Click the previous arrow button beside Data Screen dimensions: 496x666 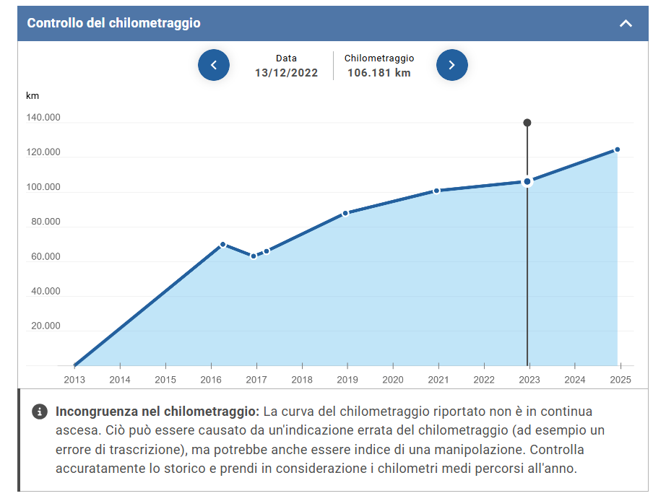click(214, 65)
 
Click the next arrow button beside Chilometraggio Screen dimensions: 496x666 click(452, 65)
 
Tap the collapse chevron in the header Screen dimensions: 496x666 click(626, 23)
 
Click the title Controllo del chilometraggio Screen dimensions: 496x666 click(113, 23)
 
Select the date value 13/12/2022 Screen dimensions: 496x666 click(286, 73)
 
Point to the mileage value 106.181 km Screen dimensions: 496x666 click(379, 73)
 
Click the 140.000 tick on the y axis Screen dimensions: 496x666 click(43, 118)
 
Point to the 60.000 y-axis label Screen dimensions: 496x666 click(46, 257)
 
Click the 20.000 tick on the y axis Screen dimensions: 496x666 click(46, 326)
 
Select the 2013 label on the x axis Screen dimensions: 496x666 click(74, 380)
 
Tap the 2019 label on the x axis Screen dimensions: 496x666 click(347, 380)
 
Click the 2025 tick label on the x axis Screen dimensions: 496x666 click(620, 380)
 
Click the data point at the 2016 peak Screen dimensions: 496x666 click(222, 245)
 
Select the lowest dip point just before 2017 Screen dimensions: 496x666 click(254, 256)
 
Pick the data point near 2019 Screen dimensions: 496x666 click(345, 213)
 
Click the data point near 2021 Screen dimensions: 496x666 click(436, 191)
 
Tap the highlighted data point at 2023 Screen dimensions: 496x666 click(527, 181)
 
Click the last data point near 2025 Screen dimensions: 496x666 click(617, 149)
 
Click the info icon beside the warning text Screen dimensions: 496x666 click(40, 412)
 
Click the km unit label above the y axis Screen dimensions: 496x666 click(33, 96)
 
